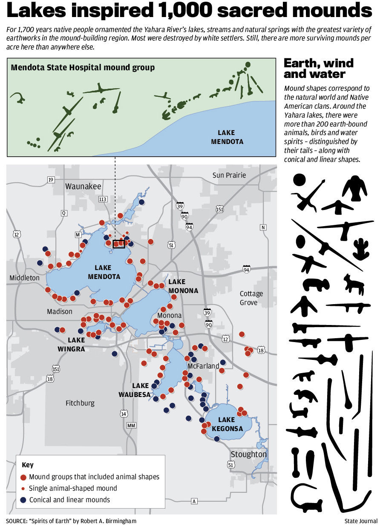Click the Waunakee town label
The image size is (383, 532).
(83, 187)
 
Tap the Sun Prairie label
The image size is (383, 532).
(229, 175)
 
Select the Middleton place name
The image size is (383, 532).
(24, 278)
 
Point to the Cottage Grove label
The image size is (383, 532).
(251, 298)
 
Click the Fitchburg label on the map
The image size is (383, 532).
(80, 403)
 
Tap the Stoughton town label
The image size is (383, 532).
(248, 454)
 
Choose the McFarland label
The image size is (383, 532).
(203, 366)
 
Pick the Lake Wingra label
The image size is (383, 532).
(76, 344)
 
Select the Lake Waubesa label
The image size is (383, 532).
(135, 390)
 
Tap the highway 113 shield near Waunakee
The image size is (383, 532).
(102, 199)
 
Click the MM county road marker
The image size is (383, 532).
(131, 426)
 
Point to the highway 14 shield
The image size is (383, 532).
(124, 414)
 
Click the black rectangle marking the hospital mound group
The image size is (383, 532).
(119, 244)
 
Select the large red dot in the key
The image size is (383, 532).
(23, 477)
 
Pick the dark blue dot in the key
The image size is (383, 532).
(23, 500)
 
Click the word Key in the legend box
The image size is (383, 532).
(27, 465)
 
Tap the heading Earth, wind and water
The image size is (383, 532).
(319, 69)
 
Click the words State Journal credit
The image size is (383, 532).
(361, 521)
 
